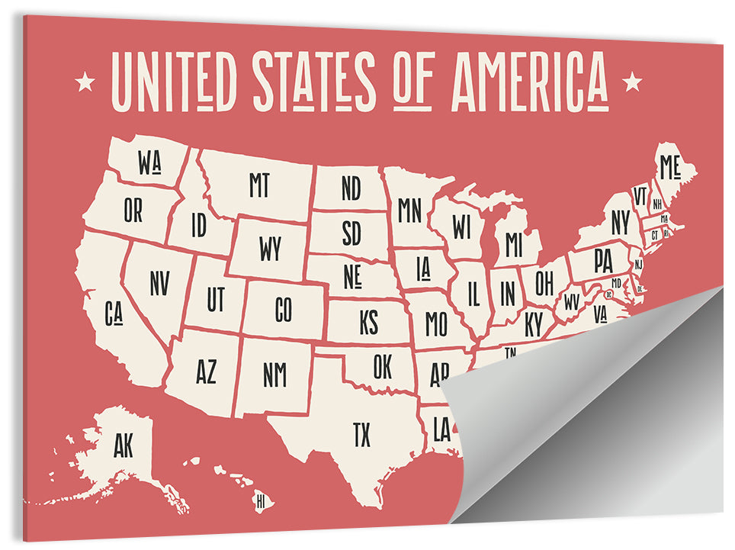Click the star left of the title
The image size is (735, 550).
(x=85, y=80)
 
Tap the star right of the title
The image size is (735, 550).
(x=632, y=81)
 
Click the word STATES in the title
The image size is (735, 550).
(x=314, y=81)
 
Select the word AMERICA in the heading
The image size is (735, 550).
(x=529, y=81)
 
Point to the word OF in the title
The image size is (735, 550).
(x=414, y=81)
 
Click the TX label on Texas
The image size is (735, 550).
(x=361, y=436)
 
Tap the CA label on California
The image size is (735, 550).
(x=114, y=313)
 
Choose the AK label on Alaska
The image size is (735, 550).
(x=123, y=446)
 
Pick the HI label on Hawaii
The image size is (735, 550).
(x=261, y=502)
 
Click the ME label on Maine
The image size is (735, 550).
(x=669, y=166)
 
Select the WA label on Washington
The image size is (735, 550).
(x=149, y=162)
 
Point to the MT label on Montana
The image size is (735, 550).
(x=259, y=185)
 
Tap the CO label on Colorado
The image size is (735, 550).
(x=283, y=310)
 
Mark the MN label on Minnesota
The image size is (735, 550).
(x=409, y=210)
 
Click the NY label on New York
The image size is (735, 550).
(x=621, y=223)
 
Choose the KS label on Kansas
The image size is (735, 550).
(x=368, y=323)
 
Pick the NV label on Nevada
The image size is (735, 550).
(x=159, y=283)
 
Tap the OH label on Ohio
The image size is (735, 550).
(x=544, y=283)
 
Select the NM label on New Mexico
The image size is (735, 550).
(x=274, y=374)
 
